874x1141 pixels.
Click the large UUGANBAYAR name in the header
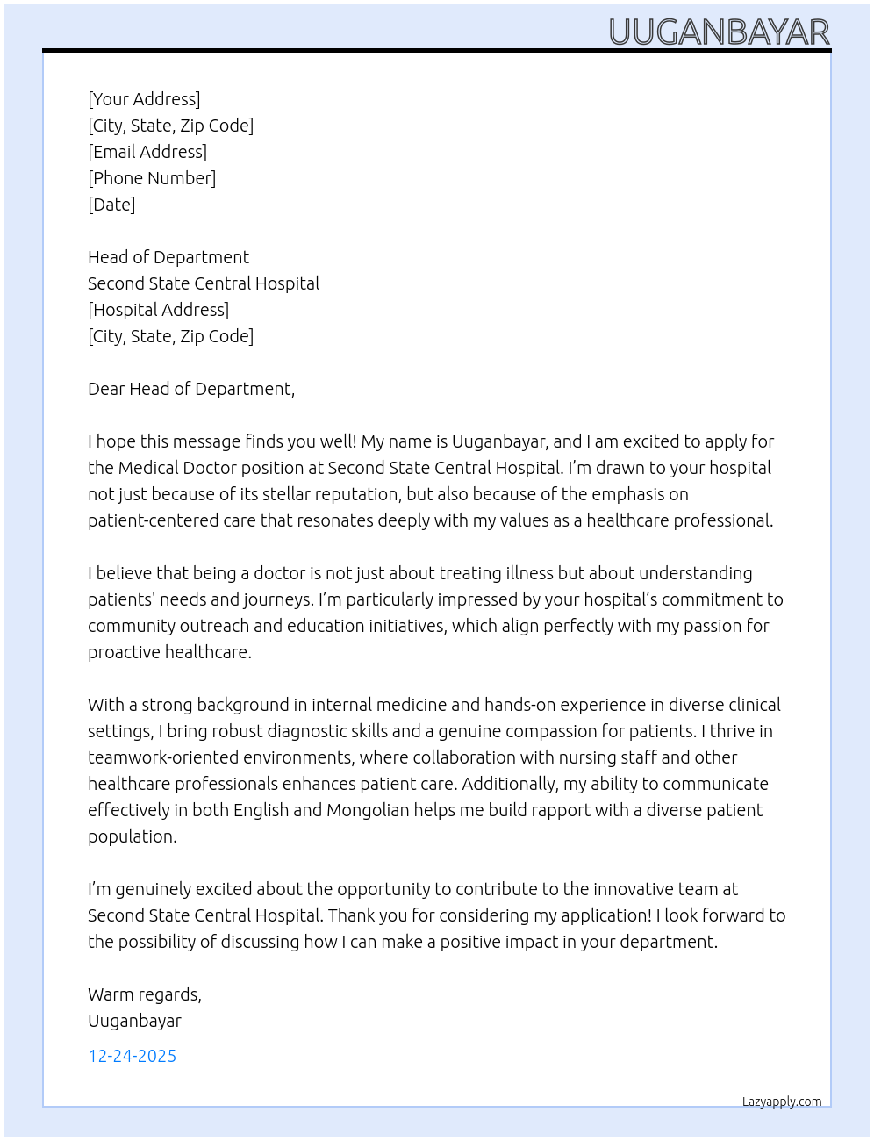click(719, 32)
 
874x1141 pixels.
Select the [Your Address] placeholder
click(144, 99)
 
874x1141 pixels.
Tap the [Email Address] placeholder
click(147, 152)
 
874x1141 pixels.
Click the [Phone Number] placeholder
click(152, 178)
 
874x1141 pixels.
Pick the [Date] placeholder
click(111, 205)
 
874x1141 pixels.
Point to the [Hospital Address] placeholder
click(158, 310)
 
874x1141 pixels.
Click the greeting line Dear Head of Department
click(191, 389)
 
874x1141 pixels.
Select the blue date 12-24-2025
click(132, 1056)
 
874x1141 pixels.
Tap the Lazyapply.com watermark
click(782, 1102)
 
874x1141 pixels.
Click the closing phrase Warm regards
click(144, 994)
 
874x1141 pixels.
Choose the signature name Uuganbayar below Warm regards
click(134, 1021)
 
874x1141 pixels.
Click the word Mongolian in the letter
click(368, 810)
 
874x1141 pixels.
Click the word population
click(132, 836)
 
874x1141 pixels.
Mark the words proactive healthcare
click(169, 652)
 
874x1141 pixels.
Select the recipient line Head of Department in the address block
click(168, 257)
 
